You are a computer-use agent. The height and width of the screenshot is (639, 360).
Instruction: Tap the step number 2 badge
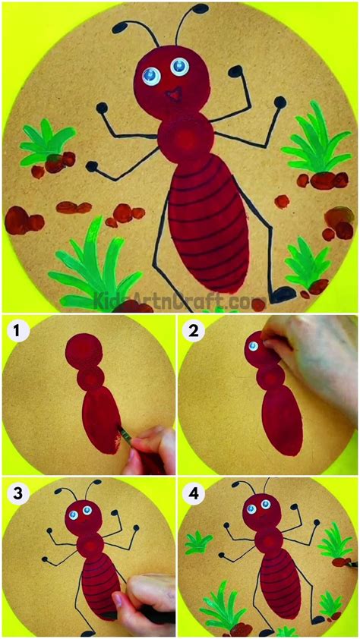click(193, 330)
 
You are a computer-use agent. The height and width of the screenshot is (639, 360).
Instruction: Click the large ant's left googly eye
click(150, 74)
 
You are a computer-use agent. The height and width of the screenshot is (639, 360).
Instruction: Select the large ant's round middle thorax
click(185, 140)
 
